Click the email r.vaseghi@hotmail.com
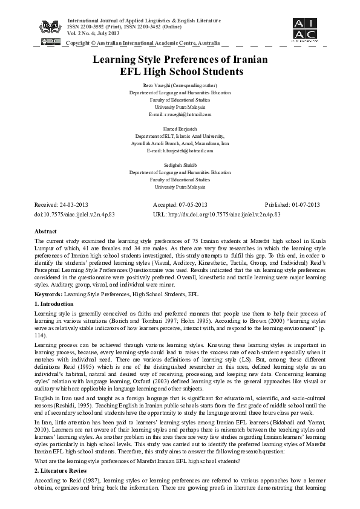[180, 114]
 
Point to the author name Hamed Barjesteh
[180, 130]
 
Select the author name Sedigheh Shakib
[180, 166]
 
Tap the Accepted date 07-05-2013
[180, 206]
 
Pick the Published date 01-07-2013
[295, 206]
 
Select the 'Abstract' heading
[46, 232]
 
